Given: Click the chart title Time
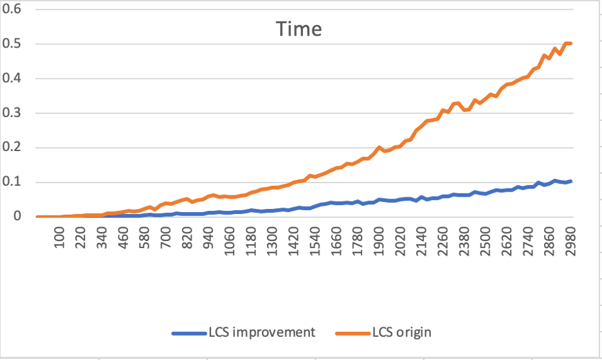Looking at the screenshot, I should [299, 30].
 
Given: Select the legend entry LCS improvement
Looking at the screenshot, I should [261, 332].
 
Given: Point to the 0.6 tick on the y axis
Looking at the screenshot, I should [12, 10].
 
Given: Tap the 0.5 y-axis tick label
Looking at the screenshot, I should [12, 44].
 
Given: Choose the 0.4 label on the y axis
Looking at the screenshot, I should [12, 79].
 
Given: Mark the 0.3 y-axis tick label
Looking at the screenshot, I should [12, 113].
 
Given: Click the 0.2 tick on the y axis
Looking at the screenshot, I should [12, 148].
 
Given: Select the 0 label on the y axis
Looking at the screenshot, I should [18, 217].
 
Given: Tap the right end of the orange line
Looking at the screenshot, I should [571, 44].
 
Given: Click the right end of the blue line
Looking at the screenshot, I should [571, 181].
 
